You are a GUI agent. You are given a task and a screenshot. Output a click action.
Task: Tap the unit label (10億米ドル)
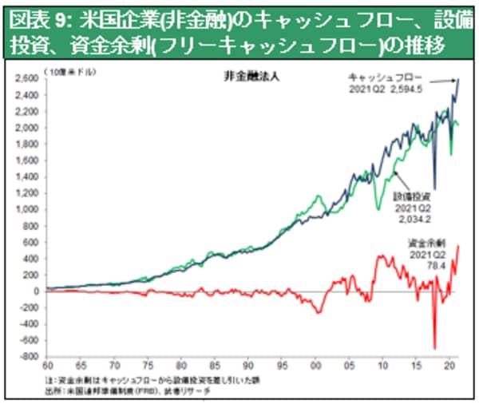[x=67, y=72]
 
